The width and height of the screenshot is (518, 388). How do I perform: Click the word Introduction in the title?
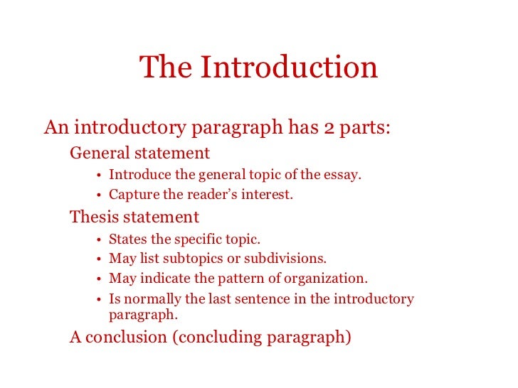(289, 68)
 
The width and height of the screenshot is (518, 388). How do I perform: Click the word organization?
(327, 279)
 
